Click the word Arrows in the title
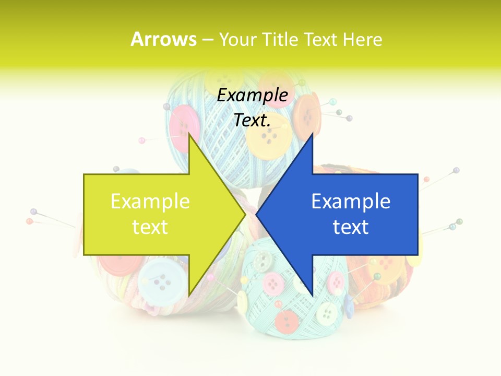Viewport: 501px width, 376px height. (164, 39)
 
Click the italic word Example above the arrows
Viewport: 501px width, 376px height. (253, 96)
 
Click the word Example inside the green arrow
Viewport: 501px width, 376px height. (150, 202)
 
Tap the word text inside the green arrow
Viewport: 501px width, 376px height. (150, 227)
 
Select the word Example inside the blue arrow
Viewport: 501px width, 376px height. (351, 202)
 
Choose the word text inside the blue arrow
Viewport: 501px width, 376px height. (351, 227)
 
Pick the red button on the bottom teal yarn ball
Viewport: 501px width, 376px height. (287, 321)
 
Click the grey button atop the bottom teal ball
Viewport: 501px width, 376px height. (264, 259)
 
